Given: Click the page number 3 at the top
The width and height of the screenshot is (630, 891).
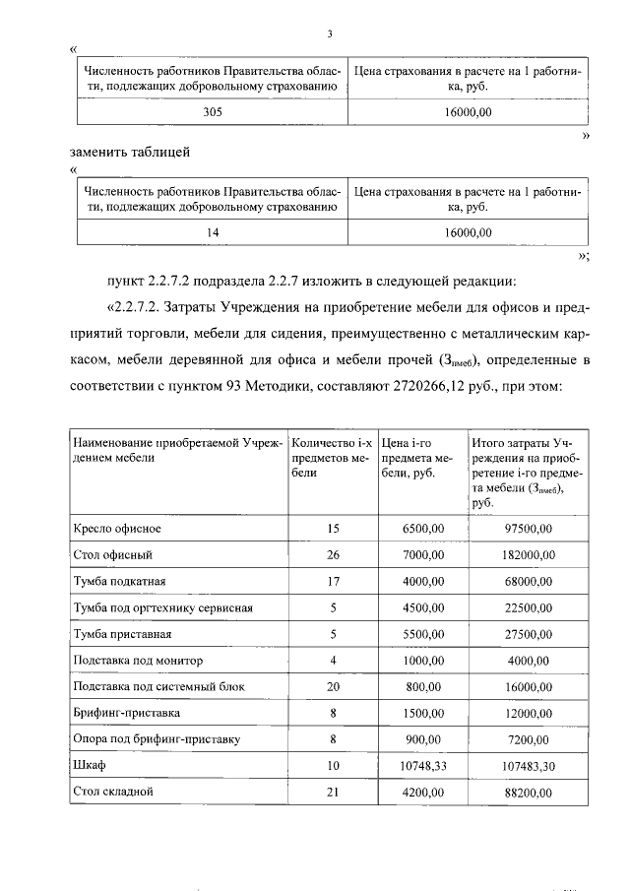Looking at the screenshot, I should tap(331, 34).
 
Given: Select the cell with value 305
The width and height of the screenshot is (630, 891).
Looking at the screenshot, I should tap(212, 114).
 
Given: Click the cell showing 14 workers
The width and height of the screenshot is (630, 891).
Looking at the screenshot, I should tap(212, 231).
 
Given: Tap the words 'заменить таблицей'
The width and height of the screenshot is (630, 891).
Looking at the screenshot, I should tap(129, 152).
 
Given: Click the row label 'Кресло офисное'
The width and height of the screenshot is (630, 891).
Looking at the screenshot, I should tap(117, 529).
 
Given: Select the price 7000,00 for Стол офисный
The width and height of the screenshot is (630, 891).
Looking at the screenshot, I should tap(423, 555).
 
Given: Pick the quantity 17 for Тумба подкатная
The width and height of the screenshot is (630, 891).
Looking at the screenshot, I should tap(333, 581).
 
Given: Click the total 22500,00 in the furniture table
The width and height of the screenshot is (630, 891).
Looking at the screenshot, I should tap(527, 607).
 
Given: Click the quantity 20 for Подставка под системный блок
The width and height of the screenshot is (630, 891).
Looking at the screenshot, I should tap(333, 686).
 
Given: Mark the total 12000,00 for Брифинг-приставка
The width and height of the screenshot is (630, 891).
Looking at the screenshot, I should tap(527, 712).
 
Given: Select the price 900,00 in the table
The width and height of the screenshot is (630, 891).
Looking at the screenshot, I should tap(426, 738).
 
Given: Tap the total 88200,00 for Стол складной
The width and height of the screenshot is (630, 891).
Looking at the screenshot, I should tap(527, 791).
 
